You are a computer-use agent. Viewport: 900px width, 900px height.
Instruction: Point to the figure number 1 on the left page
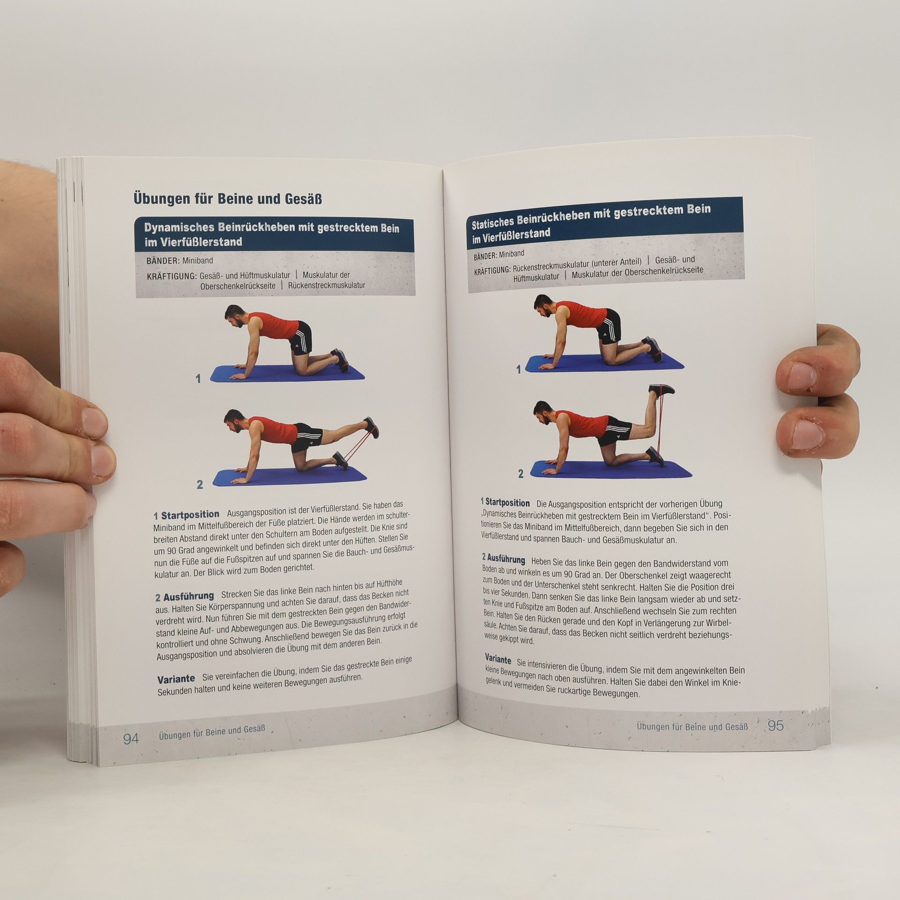click(198, 378)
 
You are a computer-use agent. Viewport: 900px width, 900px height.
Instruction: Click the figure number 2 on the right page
click(521, 474)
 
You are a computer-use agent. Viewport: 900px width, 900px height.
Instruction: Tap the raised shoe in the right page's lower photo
click(662, 390)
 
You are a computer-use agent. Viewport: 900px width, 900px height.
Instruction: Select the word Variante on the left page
click(176, 679)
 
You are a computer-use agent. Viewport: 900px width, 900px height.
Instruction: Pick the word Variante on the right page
click(498, 659)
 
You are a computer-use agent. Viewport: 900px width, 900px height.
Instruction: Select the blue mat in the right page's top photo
click(604, 364)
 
